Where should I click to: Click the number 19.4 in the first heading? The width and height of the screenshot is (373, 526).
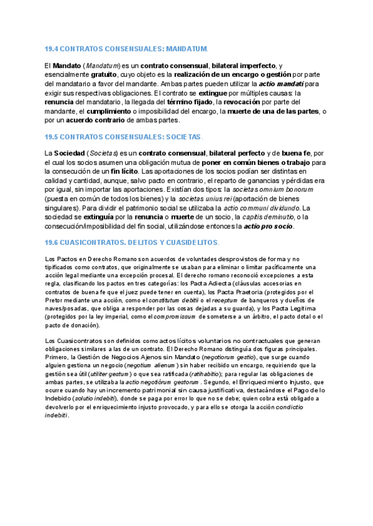[52, 48]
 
